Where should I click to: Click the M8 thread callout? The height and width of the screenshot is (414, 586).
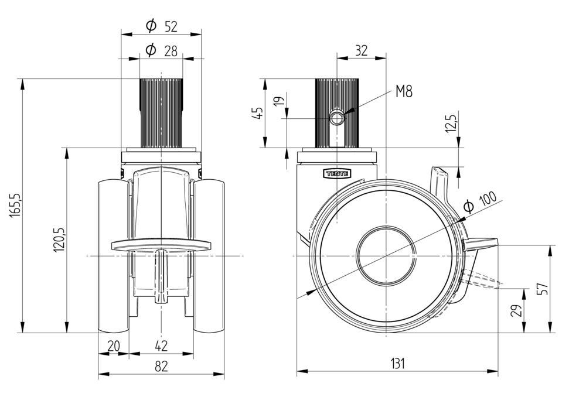coord(404,91)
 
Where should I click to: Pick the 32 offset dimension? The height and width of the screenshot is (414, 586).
coord(362,51)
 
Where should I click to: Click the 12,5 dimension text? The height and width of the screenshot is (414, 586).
coord(451,124)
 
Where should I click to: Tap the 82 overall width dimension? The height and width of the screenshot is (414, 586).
coord(161,367)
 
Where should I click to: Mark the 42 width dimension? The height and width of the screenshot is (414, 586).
coord(161,346)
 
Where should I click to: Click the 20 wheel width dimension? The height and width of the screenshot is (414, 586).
coord(113,346)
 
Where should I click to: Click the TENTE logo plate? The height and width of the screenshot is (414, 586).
coord(336,173)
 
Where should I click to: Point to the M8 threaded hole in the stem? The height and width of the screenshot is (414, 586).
coord(338,118)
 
